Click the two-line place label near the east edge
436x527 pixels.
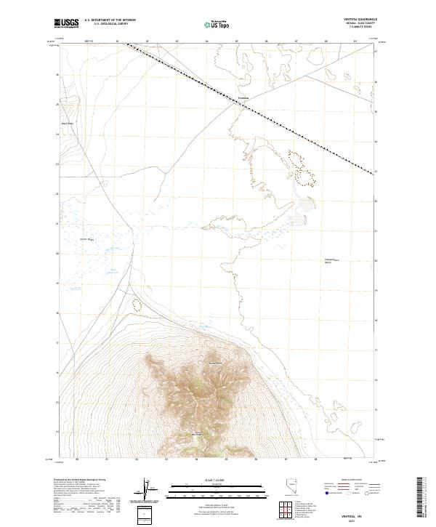(x=331, y=261)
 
